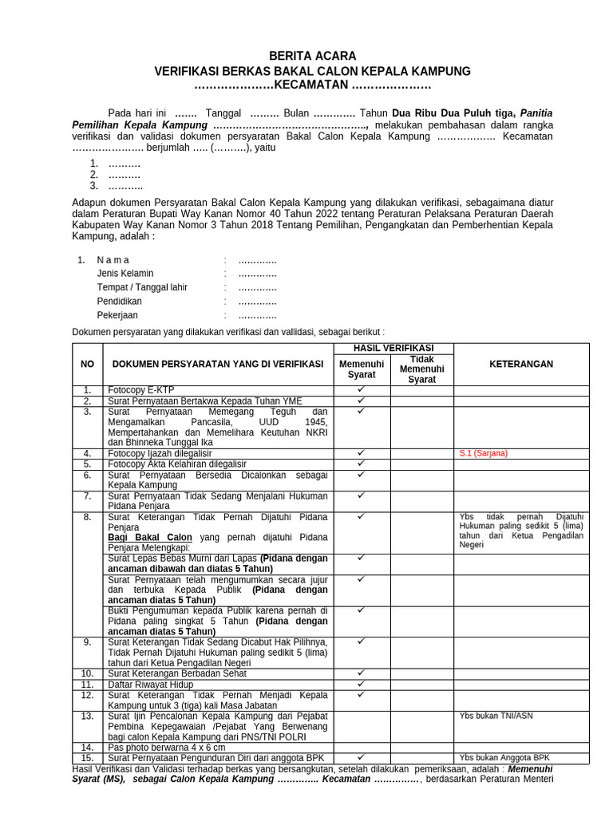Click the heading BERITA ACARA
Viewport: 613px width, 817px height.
point(312,56)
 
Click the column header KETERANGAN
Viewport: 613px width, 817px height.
point(520,364)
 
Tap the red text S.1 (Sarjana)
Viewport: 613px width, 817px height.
point(483,453)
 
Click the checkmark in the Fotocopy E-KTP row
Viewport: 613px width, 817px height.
point(361,389)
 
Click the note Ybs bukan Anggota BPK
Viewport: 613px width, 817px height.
point(504,757)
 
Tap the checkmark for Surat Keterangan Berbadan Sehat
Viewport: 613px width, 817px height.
point(361,673)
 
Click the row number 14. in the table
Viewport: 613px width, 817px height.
point(88,747)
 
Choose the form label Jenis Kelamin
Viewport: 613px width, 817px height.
point(125,274)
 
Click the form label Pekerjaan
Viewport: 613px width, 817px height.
point(117,315)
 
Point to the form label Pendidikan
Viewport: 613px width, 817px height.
point(120,302)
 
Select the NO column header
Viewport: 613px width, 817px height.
point(88,364)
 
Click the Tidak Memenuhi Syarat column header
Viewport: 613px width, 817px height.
point(421,369)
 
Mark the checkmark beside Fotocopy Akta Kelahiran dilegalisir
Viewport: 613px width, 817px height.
point(361,463)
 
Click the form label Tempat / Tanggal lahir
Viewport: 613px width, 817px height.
point(142,287)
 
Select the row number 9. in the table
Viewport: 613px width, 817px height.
point(88,641)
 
